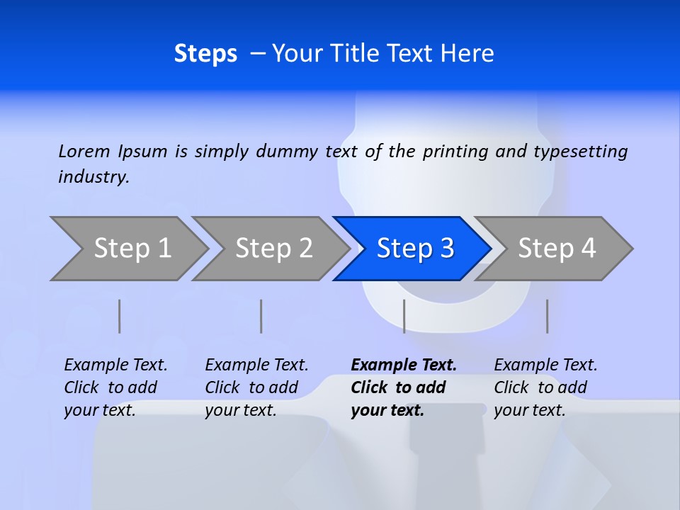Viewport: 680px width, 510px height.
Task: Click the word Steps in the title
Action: coord(205,54)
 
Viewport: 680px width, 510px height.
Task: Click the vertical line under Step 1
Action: coord(120,316)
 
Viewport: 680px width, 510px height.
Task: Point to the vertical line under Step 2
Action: coord(261,316)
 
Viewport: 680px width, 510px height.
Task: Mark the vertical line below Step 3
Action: coord(404,316)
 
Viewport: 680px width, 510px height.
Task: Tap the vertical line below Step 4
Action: coord(548,316)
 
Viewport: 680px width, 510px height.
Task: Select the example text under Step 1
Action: coord(115,387)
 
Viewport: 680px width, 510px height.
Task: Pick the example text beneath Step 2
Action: coord(256,387)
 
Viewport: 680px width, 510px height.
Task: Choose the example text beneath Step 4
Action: coord(545,387)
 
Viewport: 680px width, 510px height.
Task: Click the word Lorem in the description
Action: coord(84,152)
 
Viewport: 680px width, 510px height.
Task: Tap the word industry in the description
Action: coord(93,177)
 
